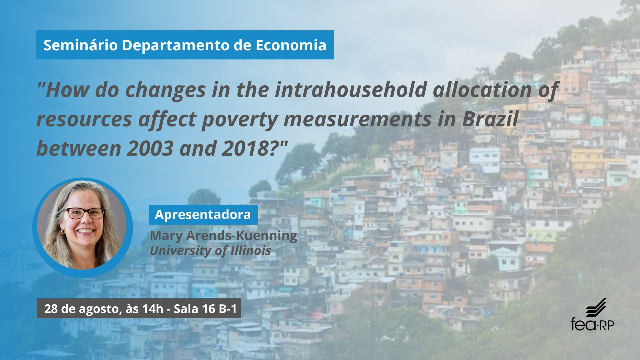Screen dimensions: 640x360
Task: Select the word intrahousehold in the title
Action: [x=351, y=90]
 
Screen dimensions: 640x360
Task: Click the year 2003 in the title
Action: [x=150, y=148]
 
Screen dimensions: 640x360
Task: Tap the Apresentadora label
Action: [x=203, y=214]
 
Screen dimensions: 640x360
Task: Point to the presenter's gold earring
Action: [x=62, y=231]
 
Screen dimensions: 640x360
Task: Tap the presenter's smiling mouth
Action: [x=86, y=231]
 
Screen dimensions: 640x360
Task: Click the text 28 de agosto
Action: [x=82, y=309]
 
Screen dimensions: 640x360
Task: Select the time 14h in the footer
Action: [x=153, y=309]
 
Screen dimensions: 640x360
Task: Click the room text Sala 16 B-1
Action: [x=205, y=309]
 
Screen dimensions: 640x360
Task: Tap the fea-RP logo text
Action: [x=592, y=324]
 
